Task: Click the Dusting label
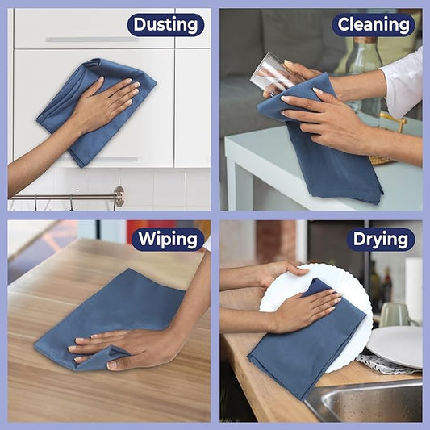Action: click(x=165, y=25)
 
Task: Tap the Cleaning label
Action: click(x=374, y=25)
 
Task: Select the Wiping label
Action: click(x=167, y=239)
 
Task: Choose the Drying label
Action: click(x=380, y=239)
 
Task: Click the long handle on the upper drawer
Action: click(x=89, y=40)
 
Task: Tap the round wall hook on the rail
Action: click(x=119, y=196)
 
